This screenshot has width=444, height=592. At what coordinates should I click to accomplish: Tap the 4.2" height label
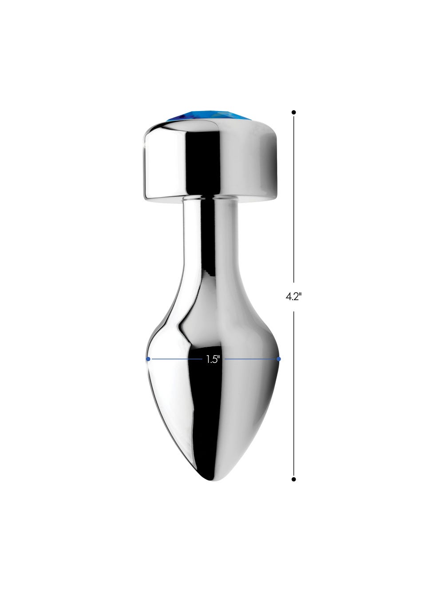click(x=293, y=297)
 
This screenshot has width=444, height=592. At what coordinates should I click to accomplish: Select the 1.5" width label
click(x=213, y=359)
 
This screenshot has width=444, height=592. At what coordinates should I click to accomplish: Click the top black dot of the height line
click(x=293, y=112)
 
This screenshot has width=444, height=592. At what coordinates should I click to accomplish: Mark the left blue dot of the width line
click(x=148, y=359)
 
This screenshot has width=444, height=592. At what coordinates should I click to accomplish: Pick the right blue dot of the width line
click(x=279, y=359)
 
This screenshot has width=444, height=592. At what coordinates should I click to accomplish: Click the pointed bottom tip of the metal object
click(x=213, y=481)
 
